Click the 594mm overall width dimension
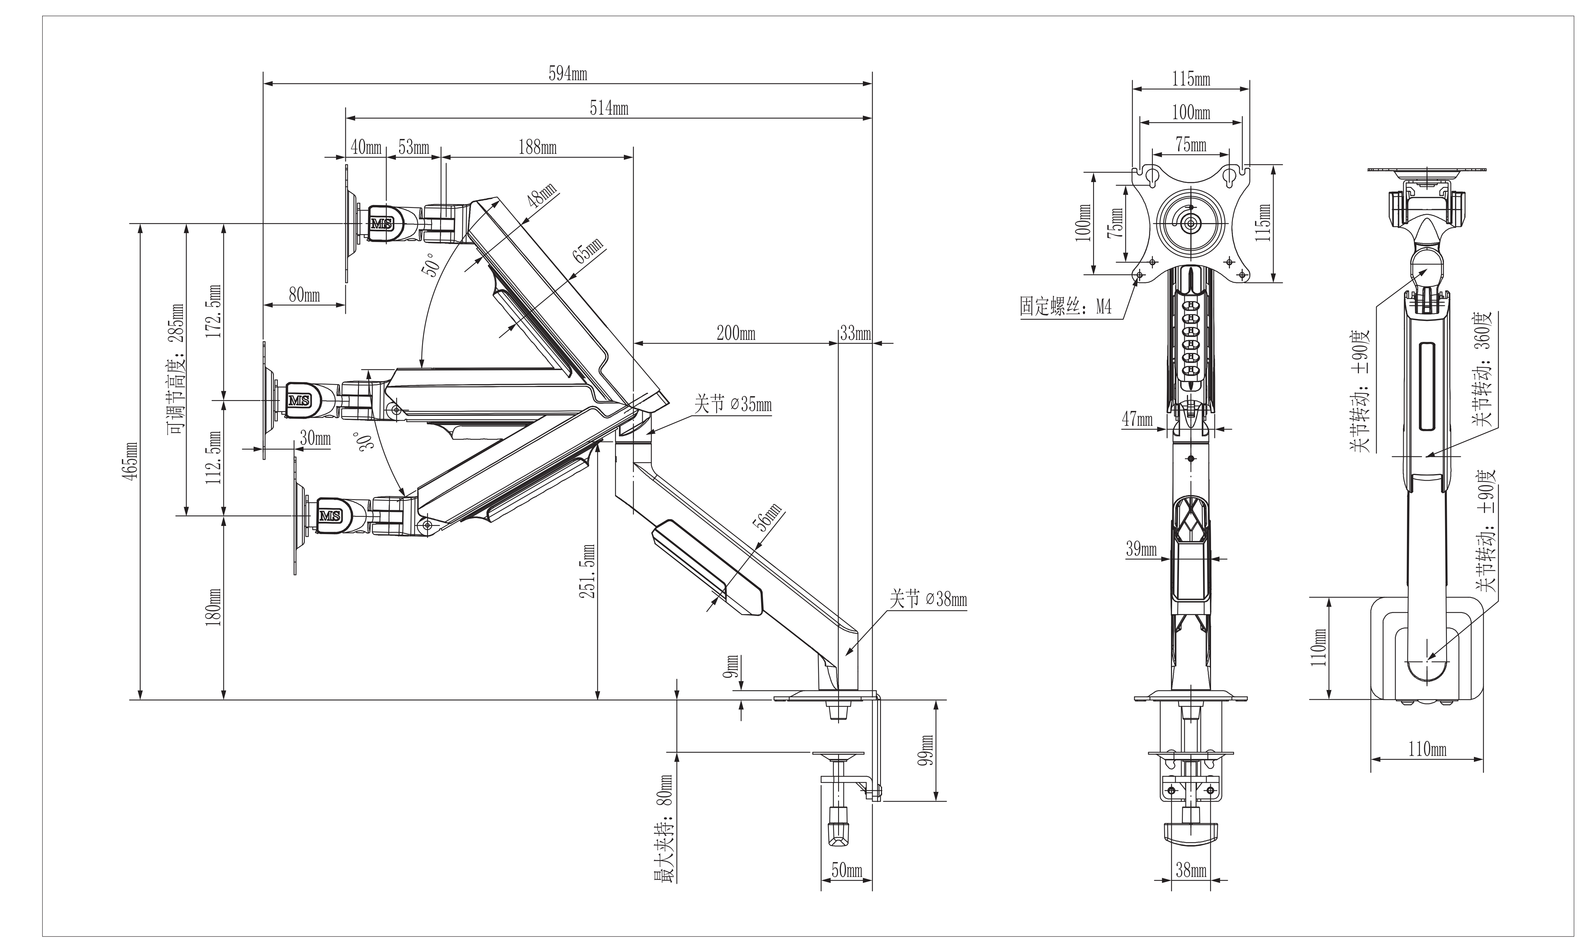click(x=567, y=74)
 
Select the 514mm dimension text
click(x=609, y=109)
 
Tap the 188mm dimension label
click(x=537, y=148)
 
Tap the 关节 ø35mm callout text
click(x=733, y=404)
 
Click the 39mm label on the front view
click(x=1141, y=549)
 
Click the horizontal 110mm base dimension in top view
click(x=1427, y=750)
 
